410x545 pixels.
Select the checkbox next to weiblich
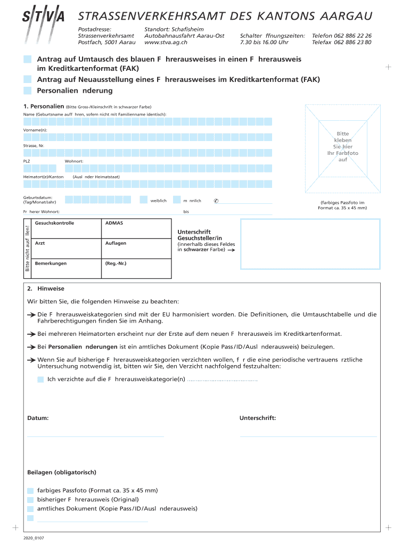[x=143, y=200]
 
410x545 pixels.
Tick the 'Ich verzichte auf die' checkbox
[x=40, y=379]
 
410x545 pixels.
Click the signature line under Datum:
[x=95, y=436]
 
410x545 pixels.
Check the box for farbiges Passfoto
[x=30, y=490]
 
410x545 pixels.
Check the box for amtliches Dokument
[x=30, y=508]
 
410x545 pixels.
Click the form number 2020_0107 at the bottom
[x=34, y=538]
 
